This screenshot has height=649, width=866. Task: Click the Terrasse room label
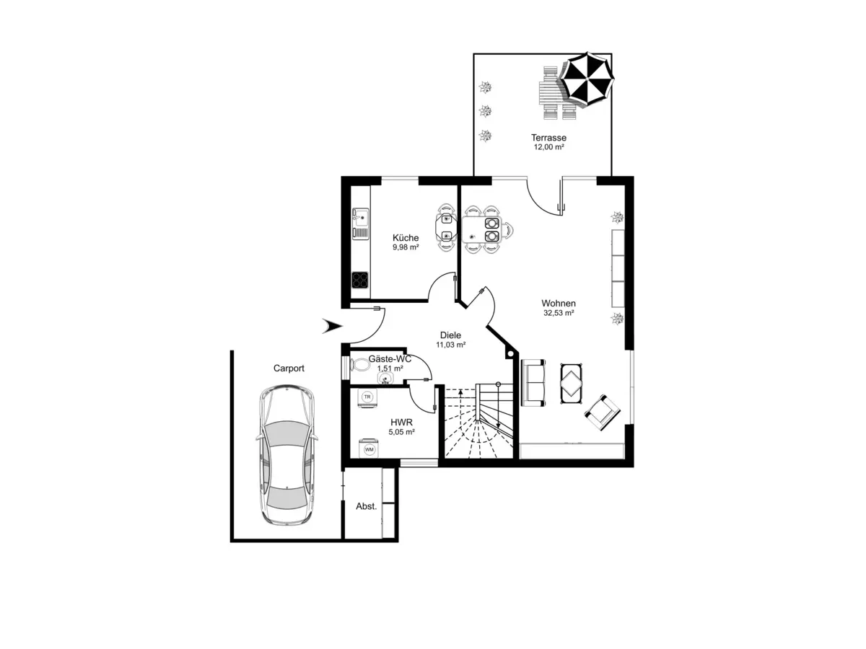pos(548,138)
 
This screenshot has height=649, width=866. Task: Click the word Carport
pos(289,368)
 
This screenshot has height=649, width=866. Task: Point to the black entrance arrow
pos(331,327)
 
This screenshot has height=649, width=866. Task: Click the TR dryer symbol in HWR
pos(367,397)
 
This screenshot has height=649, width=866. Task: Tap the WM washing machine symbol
pos(369,449)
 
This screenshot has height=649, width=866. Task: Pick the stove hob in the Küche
pos(359,279)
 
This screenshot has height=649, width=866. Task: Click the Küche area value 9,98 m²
pos(406,247)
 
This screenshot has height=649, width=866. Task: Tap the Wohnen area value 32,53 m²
pos(559,314)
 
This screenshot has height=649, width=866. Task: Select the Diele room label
pos(450,335)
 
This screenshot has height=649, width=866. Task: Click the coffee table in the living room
pos(572,381)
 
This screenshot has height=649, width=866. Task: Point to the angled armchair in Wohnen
pos(602,412)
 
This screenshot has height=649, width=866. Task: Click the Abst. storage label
pos(367,506)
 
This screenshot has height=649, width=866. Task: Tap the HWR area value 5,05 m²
pos(401,432)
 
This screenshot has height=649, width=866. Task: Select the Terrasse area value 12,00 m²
pos(548,147)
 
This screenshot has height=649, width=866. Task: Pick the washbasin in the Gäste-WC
pos(382,376)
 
